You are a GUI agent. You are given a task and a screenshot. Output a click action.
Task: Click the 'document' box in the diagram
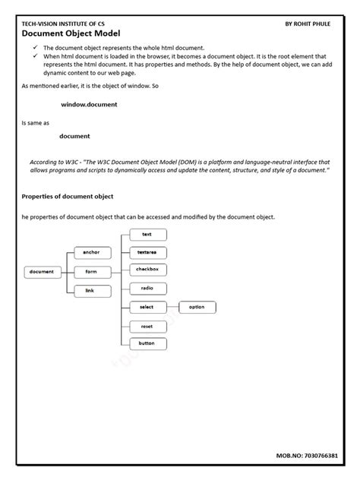(x=42, y=271)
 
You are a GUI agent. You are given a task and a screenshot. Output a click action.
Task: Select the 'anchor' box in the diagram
(x=91, y=252)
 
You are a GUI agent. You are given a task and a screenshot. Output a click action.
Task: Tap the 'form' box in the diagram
(x=91, y=271)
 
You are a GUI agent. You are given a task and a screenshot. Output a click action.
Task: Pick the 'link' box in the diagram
(x=91, y=291)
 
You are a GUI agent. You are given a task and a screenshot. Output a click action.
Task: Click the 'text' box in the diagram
(x=147, y=235)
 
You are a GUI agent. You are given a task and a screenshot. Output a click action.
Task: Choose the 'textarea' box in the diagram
(x=147, y=252)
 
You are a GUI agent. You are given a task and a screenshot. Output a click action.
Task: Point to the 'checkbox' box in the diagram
(x=147, y=270)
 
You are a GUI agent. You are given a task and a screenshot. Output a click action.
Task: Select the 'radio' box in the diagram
(x=147, y=289)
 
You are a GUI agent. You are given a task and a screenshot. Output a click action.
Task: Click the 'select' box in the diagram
(x=147, y=307)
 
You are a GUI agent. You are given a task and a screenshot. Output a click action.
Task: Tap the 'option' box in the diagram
(x=197, y=307)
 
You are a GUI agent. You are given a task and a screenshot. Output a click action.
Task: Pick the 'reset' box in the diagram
(x=147, y=326)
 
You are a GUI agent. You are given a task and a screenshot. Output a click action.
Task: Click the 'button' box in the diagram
(x=147, y=343)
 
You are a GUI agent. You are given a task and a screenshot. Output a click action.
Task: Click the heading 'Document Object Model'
(x=71, y=34)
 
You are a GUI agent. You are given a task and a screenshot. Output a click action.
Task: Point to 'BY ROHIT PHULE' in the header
(x=312, y=24)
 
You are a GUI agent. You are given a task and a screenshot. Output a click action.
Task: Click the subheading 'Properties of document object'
(x=68, y=196)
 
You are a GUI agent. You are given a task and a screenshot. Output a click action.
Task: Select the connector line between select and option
(x=172, y=307)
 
